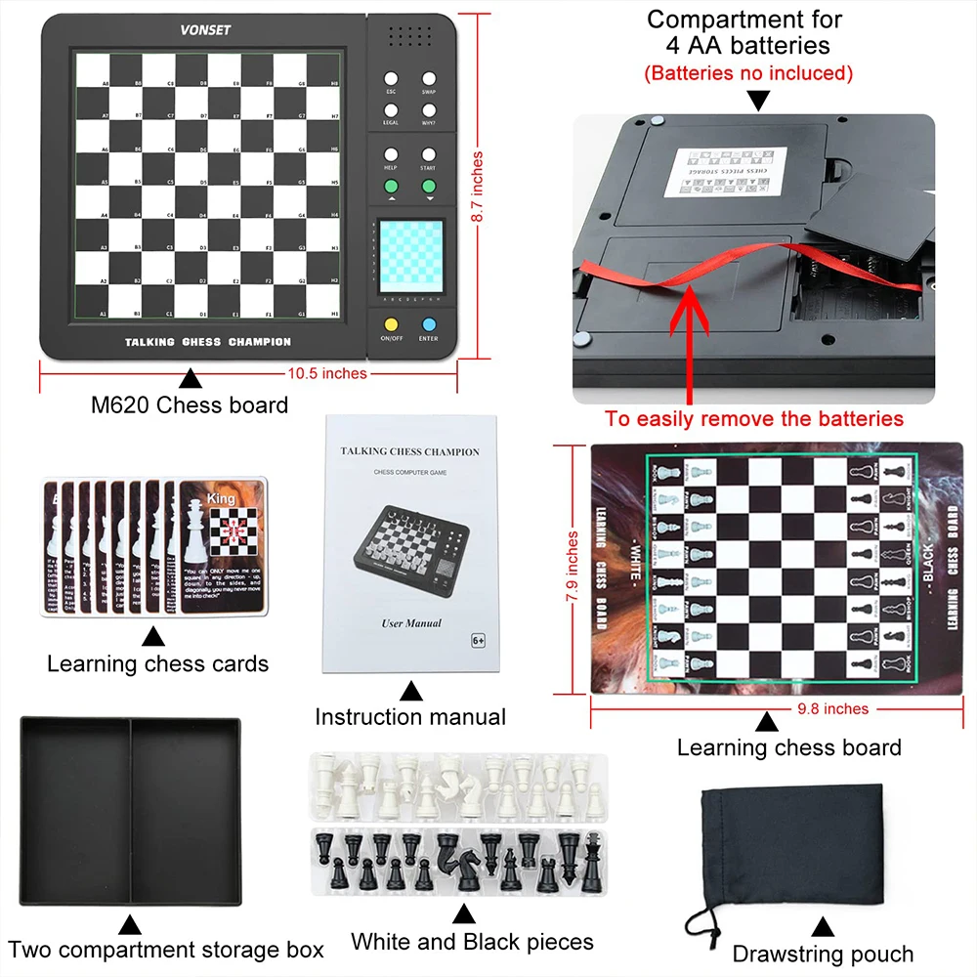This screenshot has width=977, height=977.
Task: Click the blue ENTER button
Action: (x=428, y=324)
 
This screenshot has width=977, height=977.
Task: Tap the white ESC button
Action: (x=391, y=79)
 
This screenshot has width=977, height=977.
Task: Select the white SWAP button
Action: (x=429, y=79)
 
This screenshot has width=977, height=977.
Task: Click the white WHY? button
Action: (x=429, y=107)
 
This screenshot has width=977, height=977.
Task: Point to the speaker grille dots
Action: (x=410, y=37)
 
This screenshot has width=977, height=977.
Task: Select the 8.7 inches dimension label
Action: (x=478, y=187)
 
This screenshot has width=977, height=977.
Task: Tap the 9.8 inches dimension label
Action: (x=831, y=709)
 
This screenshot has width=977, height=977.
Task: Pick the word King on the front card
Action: (x=221, y=498)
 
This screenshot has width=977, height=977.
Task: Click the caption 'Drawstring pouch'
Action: (x=823, y=954)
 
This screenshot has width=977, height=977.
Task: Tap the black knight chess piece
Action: (x=450, y=857)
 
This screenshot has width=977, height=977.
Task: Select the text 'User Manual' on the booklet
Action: (x=410, y=622)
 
